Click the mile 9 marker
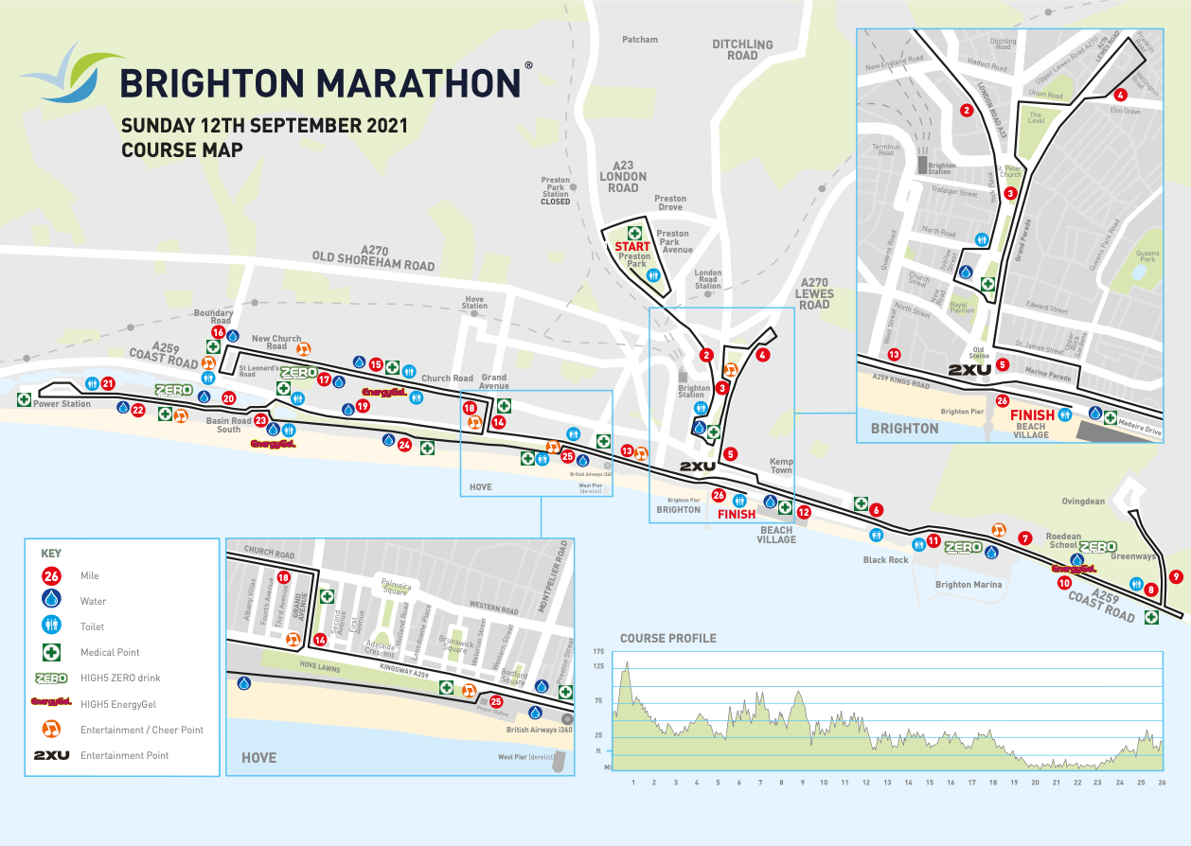click(1176, 576)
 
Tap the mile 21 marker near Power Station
click(108, 384)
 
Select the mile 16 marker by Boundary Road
click(219, 332)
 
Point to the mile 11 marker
click(933, 542)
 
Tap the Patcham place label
click(640, 40)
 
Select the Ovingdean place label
click(1082, 502)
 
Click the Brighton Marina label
click(966, 585)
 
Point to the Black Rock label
click(885, 559)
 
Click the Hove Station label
click(474, 301)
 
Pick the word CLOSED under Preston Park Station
click(555, 202)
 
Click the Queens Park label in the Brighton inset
click(1147, 256)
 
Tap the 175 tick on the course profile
click(598, 652)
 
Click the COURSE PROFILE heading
click(668, 638)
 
